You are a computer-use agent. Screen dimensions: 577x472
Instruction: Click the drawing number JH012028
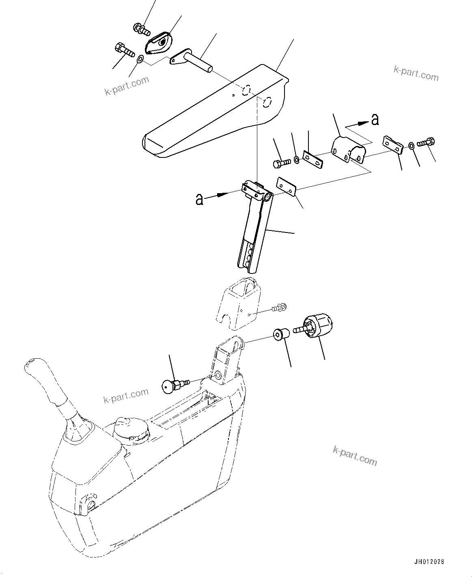[x=429, y=562]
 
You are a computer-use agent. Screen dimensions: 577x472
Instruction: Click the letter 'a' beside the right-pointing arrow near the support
[x=199, y=199]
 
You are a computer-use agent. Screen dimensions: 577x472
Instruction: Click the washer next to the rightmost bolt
[x=411, y=145]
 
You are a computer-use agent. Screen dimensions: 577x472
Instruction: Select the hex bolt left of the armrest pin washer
[x=124, y=50]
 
